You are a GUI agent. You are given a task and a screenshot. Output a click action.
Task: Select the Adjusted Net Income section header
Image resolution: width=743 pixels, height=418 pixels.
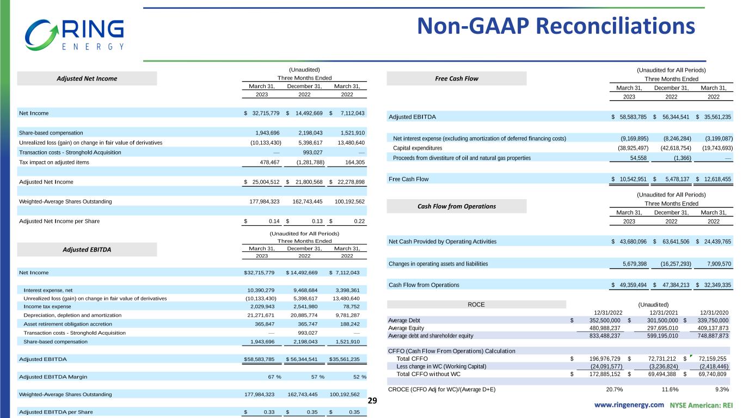(88, 78)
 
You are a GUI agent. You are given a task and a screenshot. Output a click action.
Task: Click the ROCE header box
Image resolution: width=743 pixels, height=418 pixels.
(476, 305)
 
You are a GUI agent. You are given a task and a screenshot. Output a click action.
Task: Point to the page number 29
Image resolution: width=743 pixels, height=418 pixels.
(373, 401)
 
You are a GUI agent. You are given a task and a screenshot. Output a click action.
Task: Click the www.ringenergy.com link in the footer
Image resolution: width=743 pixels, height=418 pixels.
(629, 405)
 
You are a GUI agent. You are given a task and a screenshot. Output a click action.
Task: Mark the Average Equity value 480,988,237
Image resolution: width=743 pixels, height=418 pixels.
(599, 328)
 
